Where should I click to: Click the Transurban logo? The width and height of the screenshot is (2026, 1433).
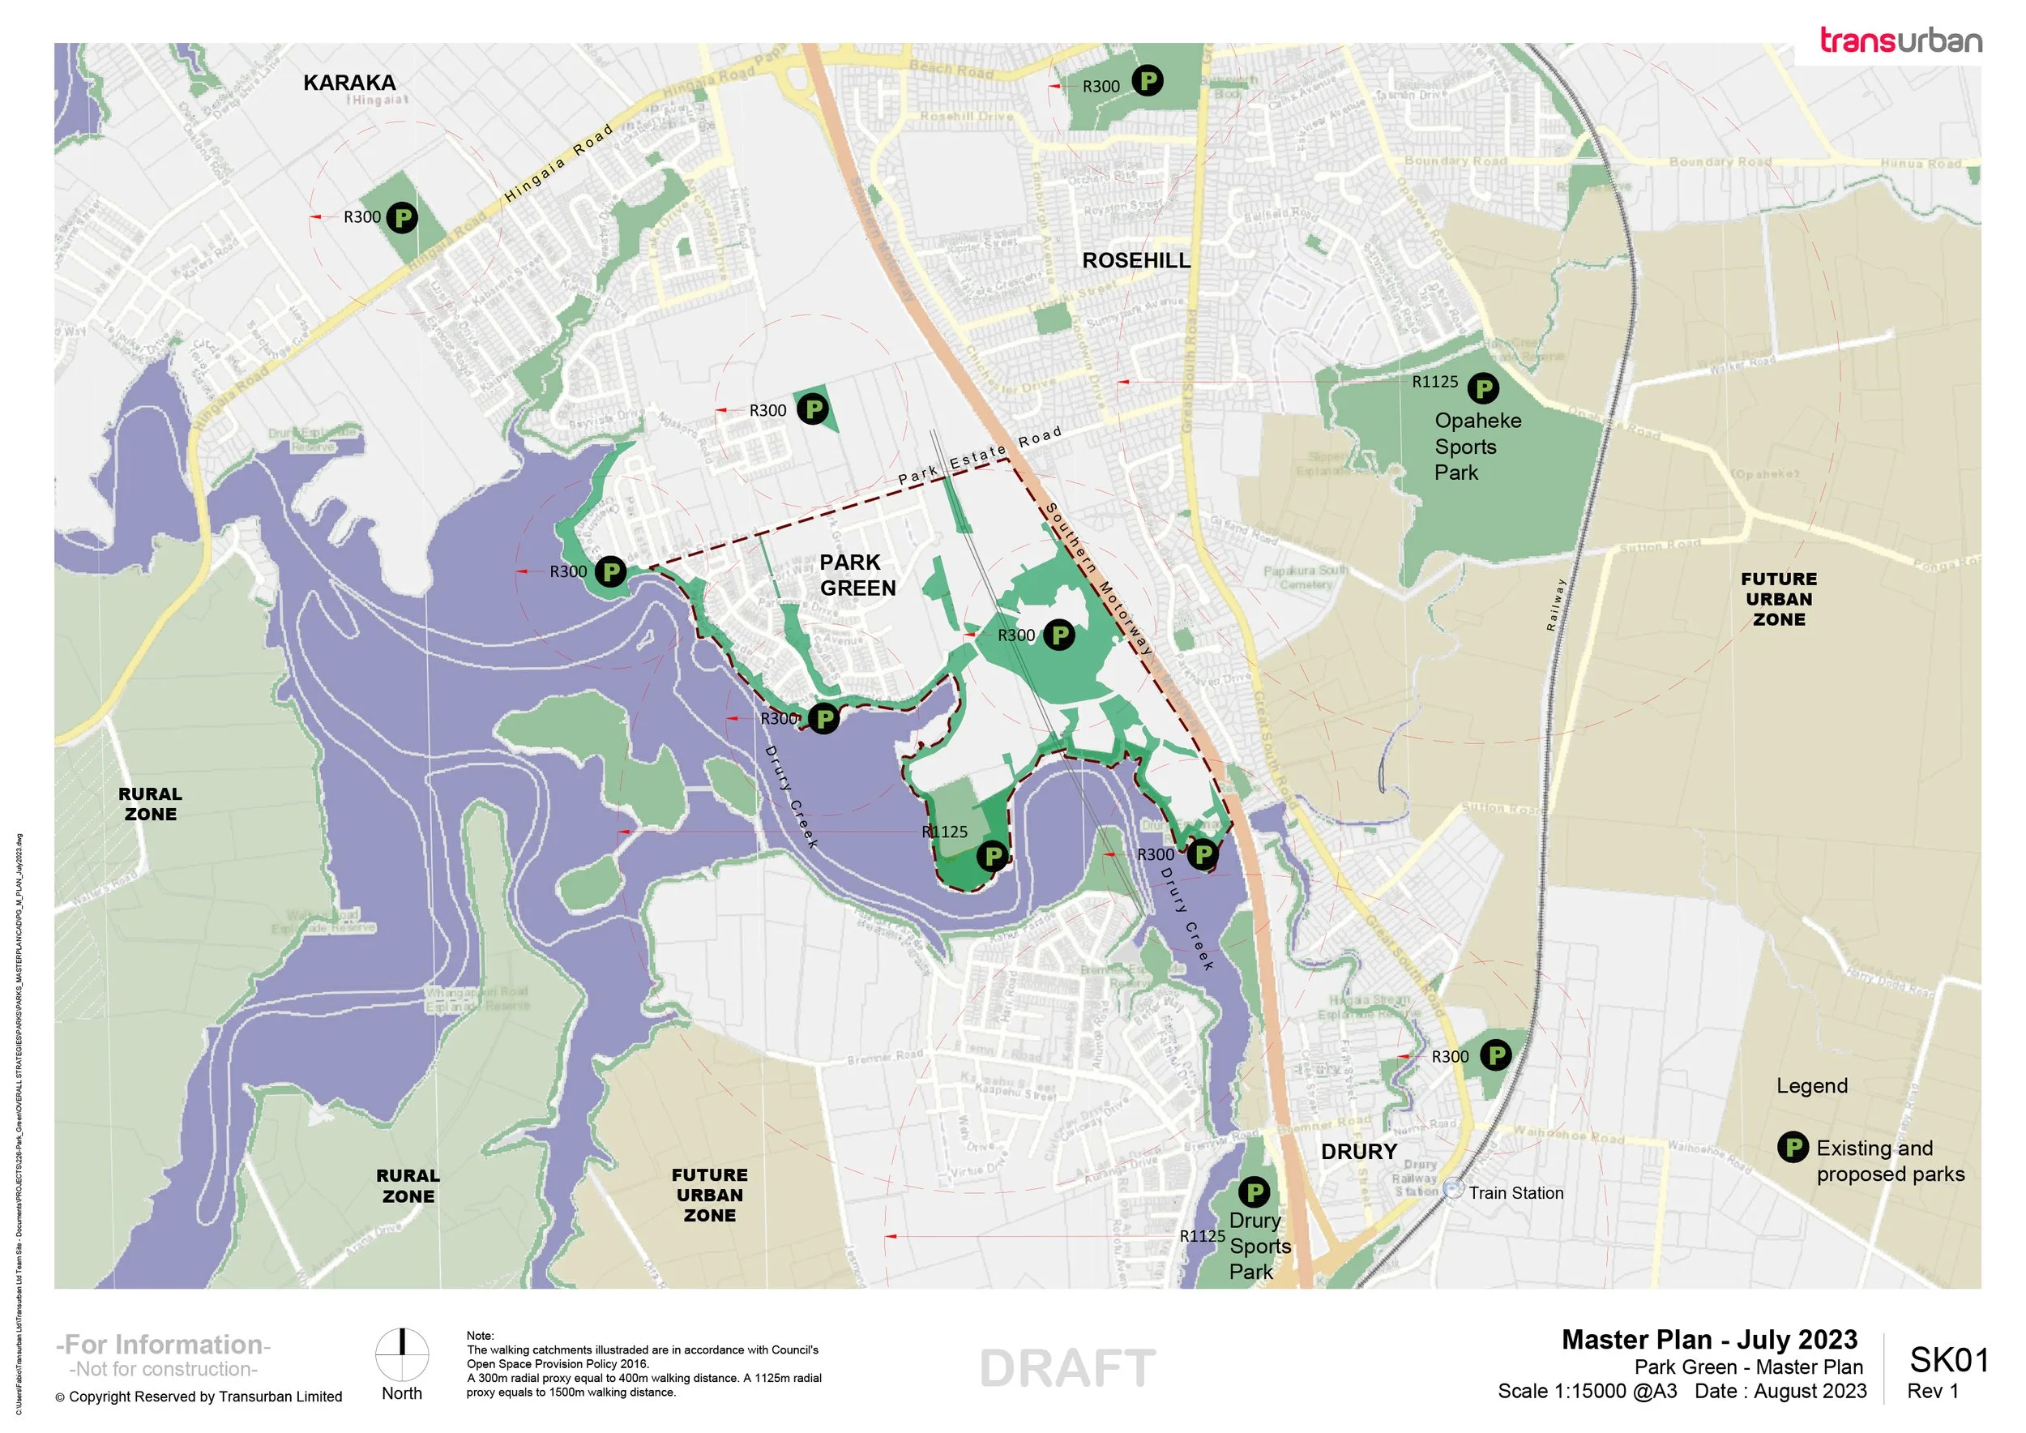(x=1900, y=41)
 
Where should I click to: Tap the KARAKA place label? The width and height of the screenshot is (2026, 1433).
(x=349, y=83)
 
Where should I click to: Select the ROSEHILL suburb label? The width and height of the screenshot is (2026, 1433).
(x=1136, y=260)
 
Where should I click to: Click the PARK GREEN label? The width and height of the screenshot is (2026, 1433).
(x=857, y=575)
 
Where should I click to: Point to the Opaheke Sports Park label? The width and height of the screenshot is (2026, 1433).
(x=1477, y=447)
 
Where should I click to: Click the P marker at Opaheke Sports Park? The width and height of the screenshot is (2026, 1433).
(x=1483, y=388)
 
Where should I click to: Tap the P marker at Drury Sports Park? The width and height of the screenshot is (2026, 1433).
(x=1254, y=1193)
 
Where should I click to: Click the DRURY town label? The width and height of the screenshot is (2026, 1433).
(x=1359, y=1152)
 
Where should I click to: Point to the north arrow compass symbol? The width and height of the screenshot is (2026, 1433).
(x=403, y=1354)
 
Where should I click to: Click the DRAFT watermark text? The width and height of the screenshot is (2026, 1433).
(x=1066, y=1369)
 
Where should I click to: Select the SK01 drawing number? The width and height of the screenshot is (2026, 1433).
(x=1949, y=1360)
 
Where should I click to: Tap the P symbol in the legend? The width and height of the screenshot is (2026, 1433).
(x=1792, y=1148)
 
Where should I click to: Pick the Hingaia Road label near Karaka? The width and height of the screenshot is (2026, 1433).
(x=558, y=164)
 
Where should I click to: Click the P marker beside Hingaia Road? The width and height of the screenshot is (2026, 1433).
(x=403, y=217)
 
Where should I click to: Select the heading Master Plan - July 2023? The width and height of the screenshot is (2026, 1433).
(x=1709, y=1340)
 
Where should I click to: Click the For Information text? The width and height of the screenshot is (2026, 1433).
(x=163, y=1344)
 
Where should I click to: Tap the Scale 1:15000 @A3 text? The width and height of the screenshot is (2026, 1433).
(x=1587, y=1392)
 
